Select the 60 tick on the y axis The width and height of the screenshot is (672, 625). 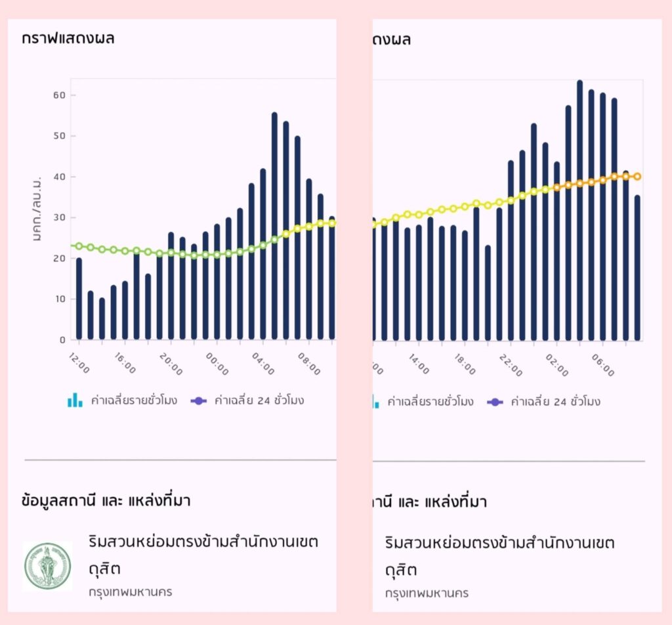click(x=60, y=95)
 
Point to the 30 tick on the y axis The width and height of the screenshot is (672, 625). click(x=60, y=217)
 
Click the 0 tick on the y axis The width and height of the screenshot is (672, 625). click(x=63, y=339)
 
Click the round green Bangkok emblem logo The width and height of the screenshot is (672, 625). click(x=48, y=566)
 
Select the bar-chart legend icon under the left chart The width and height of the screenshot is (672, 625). click(x=75, y=400)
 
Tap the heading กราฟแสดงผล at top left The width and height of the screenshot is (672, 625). click(x=68, y=38)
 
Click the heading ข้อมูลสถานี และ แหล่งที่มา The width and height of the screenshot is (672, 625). click(x=106, y=501)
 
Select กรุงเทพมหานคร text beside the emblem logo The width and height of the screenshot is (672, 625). click(x=131, y=592)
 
